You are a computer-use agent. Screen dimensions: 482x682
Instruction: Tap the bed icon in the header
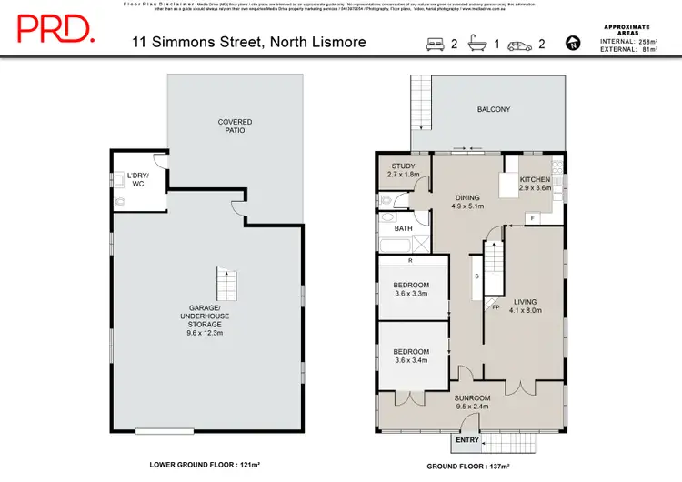pyautogui.click(x=434, y=42)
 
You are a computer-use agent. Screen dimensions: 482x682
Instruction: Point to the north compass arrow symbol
pyautogui.click(x=571, y=42)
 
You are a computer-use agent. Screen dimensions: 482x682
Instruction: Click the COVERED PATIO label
pyautogui.click(x=235, y=126)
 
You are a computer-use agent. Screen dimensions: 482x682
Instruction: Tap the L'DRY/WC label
pyautogui.click(x=138, y=180)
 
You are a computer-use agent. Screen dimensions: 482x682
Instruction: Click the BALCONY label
pyautogui.click(x=494, y=110)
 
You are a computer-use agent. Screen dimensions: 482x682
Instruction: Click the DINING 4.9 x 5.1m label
pyautogui.click(x=468, y=201)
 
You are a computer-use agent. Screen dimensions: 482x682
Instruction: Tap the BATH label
pyautogui.click(x=403, y=229)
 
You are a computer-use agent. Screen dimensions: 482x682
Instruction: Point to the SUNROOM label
pyautogui.click(x=473, y=402)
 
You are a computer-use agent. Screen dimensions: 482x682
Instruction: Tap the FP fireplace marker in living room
pyautogui.click(x=496, y=307)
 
